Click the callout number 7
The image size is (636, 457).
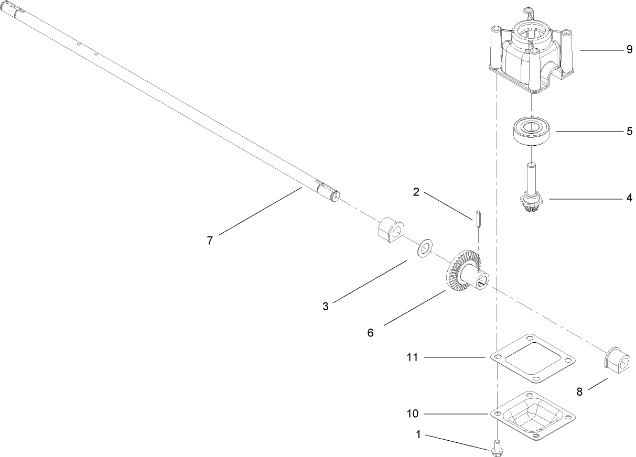[x=210, y=241]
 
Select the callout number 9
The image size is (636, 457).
[x=629, y=50]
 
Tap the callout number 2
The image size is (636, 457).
[x=416, y=192]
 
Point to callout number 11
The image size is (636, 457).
[x=412, y=357]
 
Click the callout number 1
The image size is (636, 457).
[x=418, y=434]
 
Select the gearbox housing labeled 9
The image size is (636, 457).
[x=529, y=52]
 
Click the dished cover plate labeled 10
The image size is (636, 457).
[x=533, y=414]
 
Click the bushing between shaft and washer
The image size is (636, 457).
[x=389, y=230]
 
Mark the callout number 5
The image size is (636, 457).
[x=629, y=131]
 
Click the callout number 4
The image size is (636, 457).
[x=629, y=198]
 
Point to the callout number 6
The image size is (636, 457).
[x=370, y=333]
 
